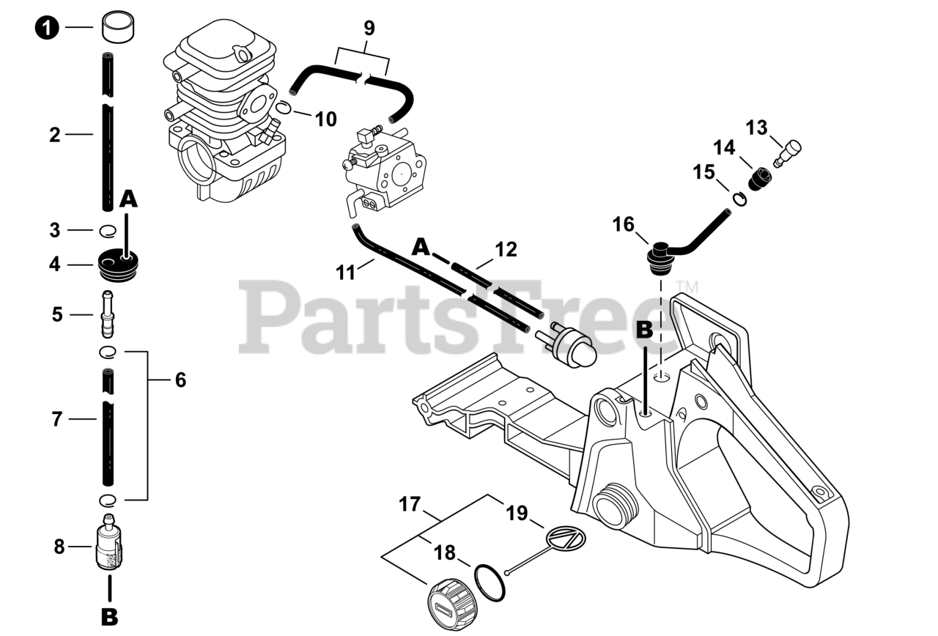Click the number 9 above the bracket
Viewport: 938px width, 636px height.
(369, 28)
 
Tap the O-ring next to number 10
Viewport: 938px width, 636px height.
(286, 108)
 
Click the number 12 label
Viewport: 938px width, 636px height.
(506, 249)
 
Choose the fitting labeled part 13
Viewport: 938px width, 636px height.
(787, 152)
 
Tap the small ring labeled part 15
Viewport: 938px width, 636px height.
(740, 197)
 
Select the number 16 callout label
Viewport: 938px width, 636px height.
(624, 224)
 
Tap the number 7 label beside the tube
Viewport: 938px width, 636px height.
(56, 419)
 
